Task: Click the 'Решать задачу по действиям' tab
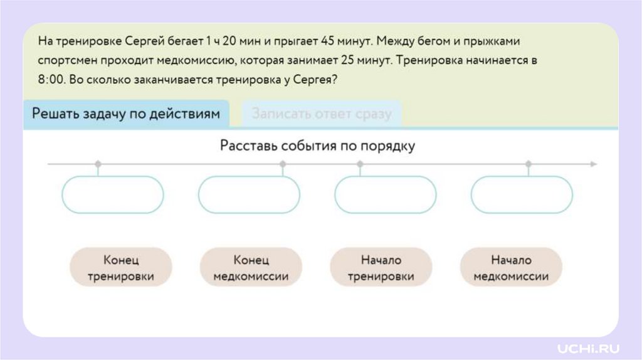point(126,114)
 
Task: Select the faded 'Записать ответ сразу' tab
point(322,114)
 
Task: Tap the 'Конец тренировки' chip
point(121,268)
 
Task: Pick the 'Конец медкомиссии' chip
point(251,268)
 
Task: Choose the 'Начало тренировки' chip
point(381,268)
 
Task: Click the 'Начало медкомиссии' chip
point(511,268)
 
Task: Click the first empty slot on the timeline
point(113,194)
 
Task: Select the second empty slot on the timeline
point(249,194)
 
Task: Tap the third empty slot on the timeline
point(385,194)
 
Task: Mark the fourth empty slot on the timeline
point(522,194)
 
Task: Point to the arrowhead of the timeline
point(593,164)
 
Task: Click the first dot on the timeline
point(98,164)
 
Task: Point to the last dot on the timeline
point(529,164)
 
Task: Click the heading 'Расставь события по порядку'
point(318,146)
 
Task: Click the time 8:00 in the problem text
point(51,81)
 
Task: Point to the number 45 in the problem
point(327,41)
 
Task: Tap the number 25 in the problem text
point(349,61)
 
